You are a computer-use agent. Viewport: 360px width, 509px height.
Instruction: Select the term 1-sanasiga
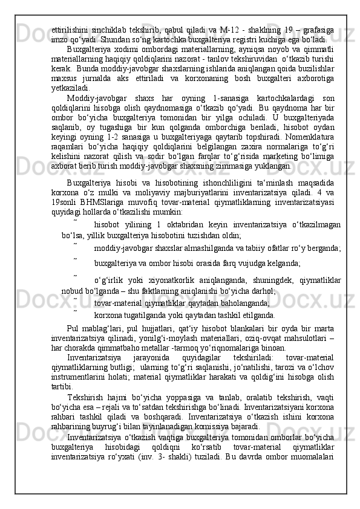pyautogui.click(x=227, y=99)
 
